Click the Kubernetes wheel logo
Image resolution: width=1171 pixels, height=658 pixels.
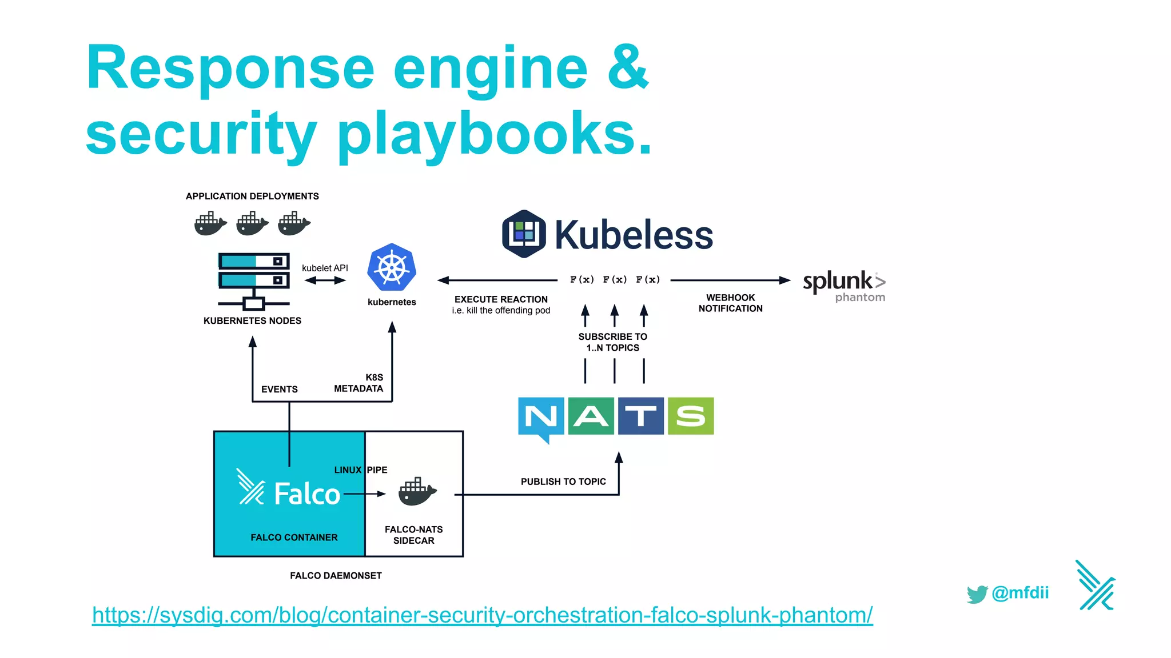392,267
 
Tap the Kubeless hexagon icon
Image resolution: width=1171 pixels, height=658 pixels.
524,234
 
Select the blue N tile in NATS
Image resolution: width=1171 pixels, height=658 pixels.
540,416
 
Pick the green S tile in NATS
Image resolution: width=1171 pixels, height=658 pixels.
691,416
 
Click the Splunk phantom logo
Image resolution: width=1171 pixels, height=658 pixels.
844,286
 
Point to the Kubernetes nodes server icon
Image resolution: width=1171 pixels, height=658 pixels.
254,280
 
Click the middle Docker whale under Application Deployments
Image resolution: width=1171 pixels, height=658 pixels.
252,223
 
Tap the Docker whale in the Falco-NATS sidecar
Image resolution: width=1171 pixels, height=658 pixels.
417,492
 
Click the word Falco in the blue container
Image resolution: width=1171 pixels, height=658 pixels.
307,494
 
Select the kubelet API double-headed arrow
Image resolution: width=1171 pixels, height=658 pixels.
325,280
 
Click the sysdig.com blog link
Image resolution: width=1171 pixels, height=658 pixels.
482,615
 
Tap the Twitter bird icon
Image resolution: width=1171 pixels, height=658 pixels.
977,593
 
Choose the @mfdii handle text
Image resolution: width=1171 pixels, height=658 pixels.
1020,593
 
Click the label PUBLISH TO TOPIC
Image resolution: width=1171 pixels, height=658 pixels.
563,482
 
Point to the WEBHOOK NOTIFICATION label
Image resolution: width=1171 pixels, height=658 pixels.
730,303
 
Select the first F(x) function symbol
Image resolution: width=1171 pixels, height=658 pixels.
581,279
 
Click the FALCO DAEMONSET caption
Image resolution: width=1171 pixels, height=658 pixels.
336,576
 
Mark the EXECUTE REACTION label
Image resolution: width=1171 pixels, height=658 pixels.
501,299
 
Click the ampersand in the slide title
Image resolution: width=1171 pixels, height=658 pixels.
628,67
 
